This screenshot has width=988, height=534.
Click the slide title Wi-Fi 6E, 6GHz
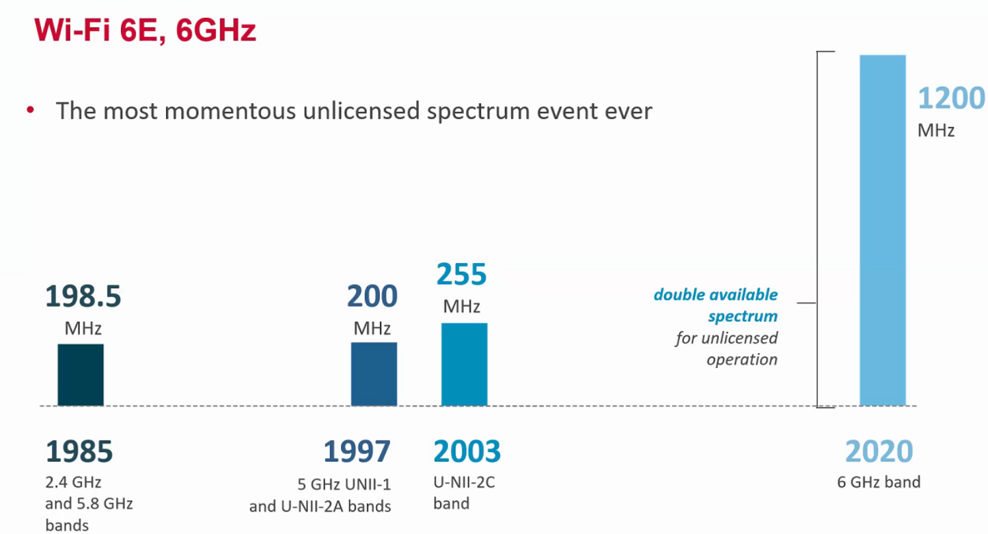click(x=146, y=30)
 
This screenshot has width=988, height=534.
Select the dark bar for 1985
click(x=81, y=375)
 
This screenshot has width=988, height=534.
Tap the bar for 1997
click(x=374, y=374)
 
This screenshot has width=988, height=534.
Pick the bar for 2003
click(x=464, y=365)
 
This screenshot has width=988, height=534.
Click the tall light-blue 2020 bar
click(x=882, y=231)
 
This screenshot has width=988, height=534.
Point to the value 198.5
click(x=83, y=297)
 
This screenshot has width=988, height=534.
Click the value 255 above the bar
click(x=461, y=275)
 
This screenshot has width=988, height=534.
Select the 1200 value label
click(x=950, y=99)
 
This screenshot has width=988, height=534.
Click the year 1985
click(x=79, y=451)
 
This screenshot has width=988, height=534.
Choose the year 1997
click(x=357, y=451)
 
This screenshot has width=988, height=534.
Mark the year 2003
click(x=467, y=451)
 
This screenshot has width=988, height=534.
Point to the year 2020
click(x=879, y=451)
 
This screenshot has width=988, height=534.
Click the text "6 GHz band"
click(x=879, y=481)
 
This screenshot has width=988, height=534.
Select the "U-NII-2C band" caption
click(x=464, y=493)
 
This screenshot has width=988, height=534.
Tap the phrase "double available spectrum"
click(x=715, y=305)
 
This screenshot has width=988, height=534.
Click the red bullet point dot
click(x=30, y=109)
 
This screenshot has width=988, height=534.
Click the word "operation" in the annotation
click(x=742, y=359)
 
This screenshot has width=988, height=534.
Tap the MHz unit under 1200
click(x=936, y=130)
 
